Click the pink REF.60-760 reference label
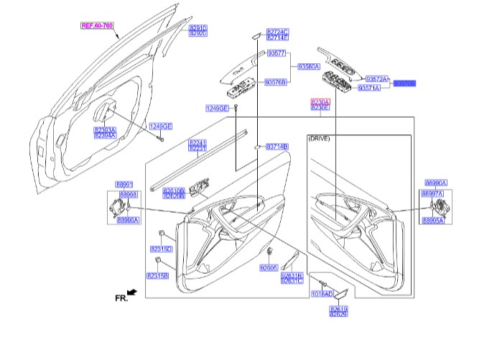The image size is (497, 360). pyautogui.click(x=96, y=25)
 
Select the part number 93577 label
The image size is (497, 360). pyautogui.click(x=277, y=54)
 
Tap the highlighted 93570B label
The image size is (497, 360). pyautogui.click(x=404, y=83)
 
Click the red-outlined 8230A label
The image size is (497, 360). pyautogui.click(x=320, y=101)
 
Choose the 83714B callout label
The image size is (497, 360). pyautogui.click(x=277, y=147)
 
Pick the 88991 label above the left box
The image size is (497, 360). pyautogui.click(x=126, y=185)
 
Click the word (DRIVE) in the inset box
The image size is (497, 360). pyautogui.click(x=318, y=137)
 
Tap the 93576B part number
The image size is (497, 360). pyautogui.click(x=276, y=83)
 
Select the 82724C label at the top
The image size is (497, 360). pyautogui.click(x=277, y=32)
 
